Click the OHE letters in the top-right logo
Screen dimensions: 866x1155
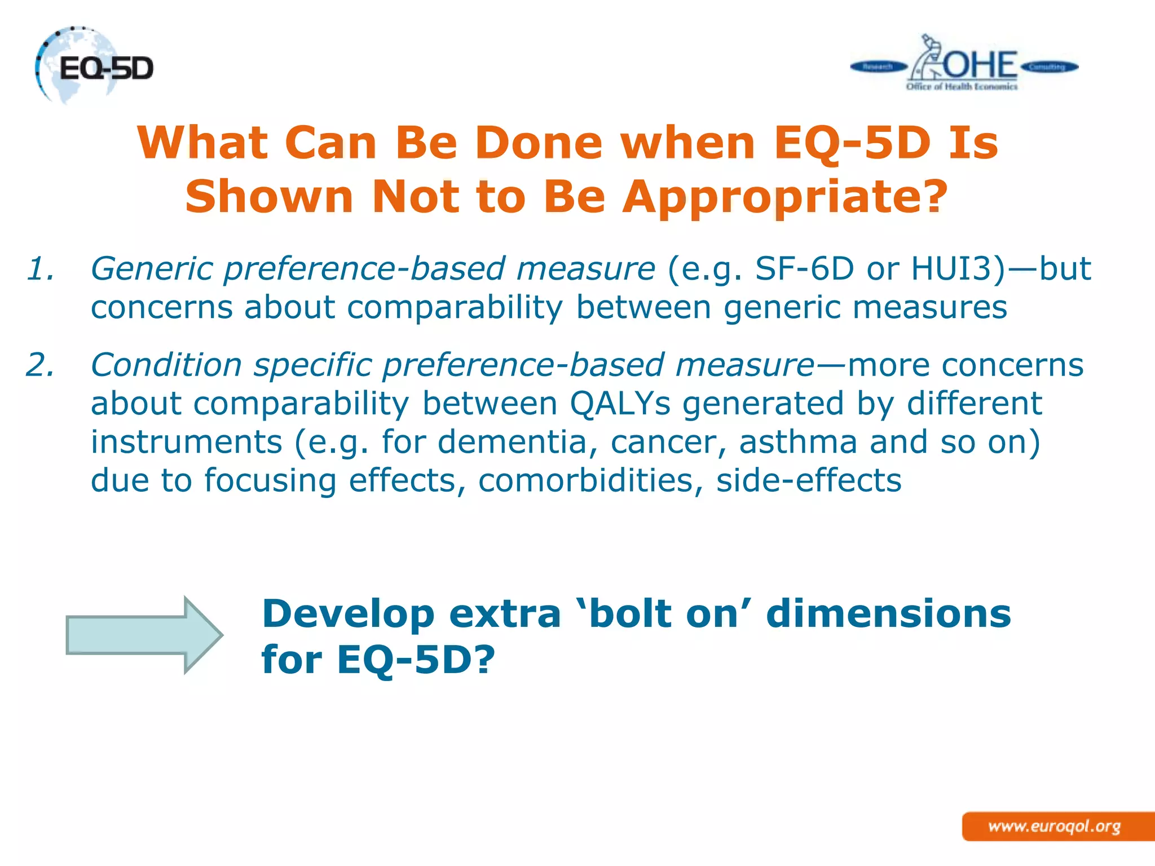(980, 65)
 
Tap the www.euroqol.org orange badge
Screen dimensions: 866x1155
(1055, 827)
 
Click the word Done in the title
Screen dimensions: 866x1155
(539, 143)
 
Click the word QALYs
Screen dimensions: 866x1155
(620, 404)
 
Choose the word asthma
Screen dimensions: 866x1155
(798, 442)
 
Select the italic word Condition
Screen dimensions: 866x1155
(166, 365)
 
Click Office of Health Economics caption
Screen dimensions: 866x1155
(962, 87)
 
